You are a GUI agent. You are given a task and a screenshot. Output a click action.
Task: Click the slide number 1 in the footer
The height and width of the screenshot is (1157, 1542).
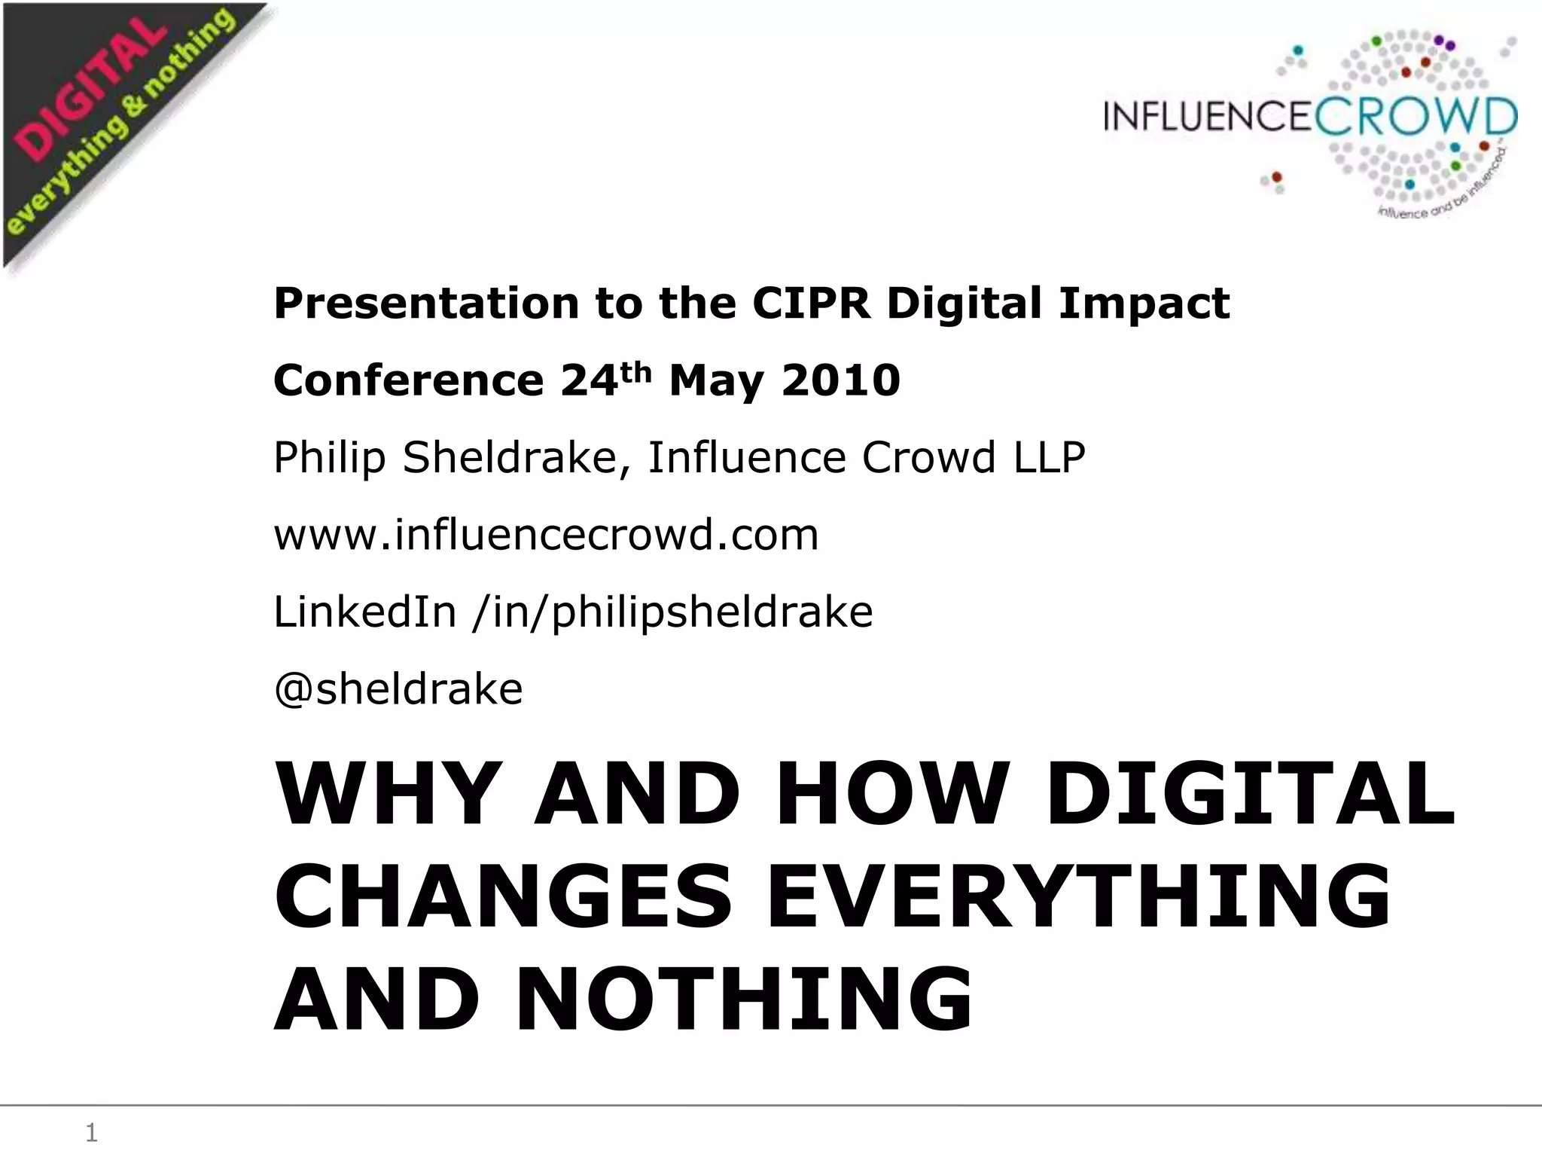pos(91,1132)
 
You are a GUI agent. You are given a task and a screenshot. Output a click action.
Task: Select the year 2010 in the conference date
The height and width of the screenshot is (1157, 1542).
pos(840,380)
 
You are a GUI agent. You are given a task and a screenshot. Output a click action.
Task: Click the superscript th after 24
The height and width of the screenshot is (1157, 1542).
pos(636,371)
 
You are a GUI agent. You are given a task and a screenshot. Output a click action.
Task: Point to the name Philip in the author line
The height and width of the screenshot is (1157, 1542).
pos(329,458)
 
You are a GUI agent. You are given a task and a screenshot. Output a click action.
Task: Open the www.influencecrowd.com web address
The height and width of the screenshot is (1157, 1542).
pos(546,535)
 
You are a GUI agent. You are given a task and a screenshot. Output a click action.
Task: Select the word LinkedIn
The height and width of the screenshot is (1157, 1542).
pos(364,612)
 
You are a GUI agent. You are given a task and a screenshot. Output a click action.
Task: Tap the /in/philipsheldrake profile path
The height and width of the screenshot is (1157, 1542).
pos(672,613)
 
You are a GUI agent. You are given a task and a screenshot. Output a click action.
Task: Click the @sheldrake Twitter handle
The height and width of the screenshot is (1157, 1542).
pos(398,689)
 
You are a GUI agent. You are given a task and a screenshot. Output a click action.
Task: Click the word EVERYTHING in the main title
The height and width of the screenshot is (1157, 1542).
pos(1078,897)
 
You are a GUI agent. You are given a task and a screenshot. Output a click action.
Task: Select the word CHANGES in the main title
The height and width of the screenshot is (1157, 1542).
pos(503,897)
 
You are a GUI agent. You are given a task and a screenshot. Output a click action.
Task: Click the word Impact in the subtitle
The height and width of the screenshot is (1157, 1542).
pos(1144,304)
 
